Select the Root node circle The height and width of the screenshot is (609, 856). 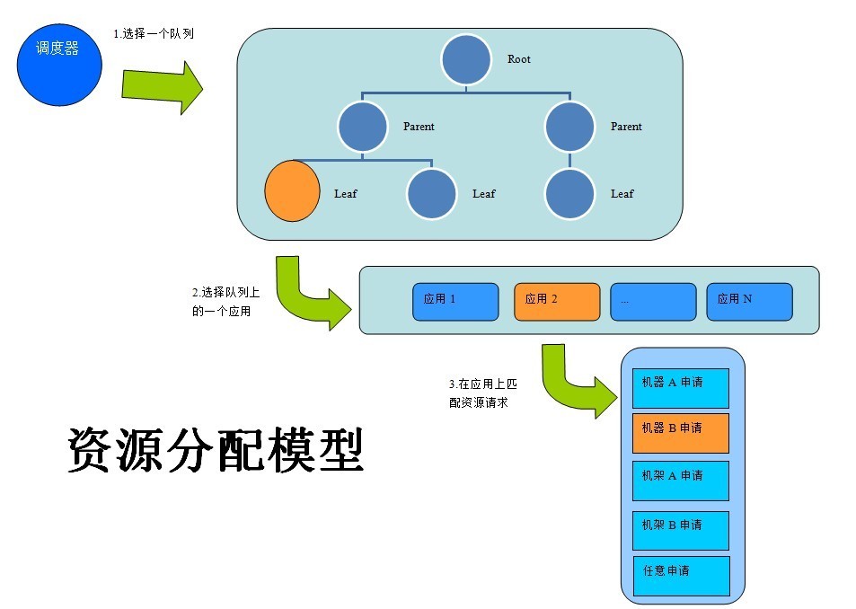[465, 59]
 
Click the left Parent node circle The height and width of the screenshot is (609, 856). [362, 127]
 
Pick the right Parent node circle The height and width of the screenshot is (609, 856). [569, 127]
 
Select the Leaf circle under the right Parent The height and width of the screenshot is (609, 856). [569, 193]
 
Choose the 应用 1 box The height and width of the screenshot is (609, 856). [455, 301]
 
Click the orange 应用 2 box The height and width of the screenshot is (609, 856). [557, 301]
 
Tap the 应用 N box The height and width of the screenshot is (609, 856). [749, 301]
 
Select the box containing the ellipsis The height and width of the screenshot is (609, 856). [653, 301]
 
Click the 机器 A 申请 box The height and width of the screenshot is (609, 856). [680, 386]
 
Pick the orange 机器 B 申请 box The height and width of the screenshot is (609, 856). [680, 433]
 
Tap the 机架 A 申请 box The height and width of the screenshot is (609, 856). [680, 481]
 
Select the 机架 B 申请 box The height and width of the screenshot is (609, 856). [680, 530]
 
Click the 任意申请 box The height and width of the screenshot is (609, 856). [680, 575]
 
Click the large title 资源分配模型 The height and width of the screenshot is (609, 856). [216, 449]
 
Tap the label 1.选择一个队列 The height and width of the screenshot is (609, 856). [153, 33]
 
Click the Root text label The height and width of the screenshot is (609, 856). [518, 59]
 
